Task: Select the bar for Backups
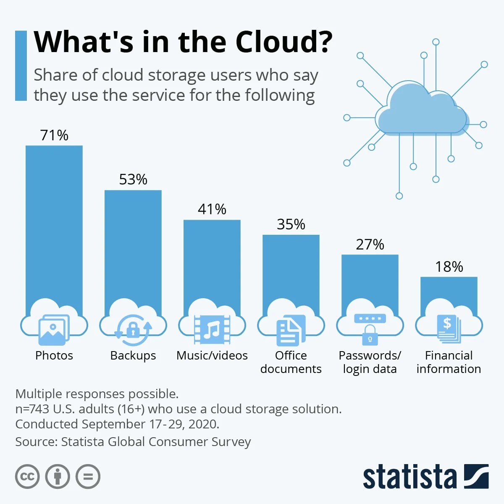[133, 248]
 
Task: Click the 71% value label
[54, 135]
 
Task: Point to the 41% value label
[212, 209]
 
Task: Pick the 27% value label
[370, 244]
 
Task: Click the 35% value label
[291, 224]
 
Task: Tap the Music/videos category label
[212, 356]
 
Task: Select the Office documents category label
[291, 362]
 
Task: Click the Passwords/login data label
[370, 362]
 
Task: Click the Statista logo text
[409, 477]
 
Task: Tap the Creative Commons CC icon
[27, 477]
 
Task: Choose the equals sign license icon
[88, 477]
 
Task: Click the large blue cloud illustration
[422, 111]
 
